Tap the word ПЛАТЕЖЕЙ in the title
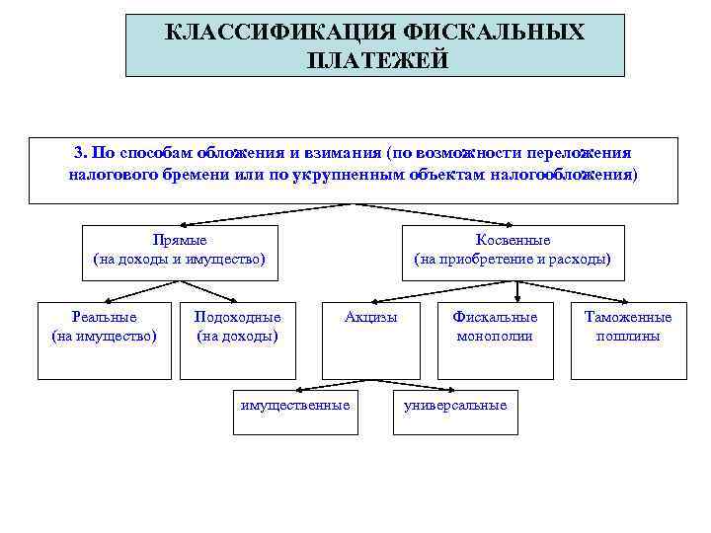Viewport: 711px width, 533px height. click(x=377, y=61)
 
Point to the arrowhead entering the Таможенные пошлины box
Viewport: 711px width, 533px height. click(x=622, y=302)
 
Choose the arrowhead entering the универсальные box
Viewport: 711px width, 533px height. click(x=446, y=389)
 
